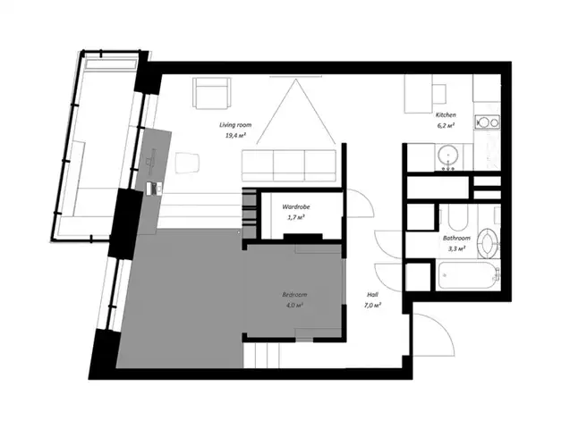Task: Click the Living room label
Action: tap(235, 125)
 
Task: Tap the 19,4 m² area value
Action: tap(235, 136)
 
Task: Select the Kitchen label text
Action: tap(446, 115)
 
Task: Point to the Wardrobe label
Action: tap(296, 206)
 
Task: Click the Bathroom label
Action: tap(456, 238)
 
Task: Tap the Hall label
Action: tap(372, 295)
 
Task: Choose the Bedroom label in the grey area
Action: tap(294, 295)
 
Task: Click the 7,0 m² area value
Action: tap(372, 306)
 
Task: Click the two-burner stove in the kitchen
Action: tap(488, 122)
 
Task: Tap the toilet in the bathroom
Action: tap(489, 243)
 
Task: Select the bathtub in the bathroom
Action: tap(468, 275)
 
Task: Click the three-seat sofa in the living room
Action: tap(289, 165)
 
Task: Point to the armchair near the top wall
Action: tap(211, 93)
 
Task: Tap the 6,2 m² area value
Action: tap(446, 125)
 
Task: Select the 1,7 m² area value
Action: tap(296, 217)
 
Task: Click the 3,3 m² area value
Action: tap(456, 248)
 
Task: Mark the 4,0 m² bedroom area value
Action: tap(294, 306)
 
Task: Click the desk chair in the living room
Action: tap(187, 163)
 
